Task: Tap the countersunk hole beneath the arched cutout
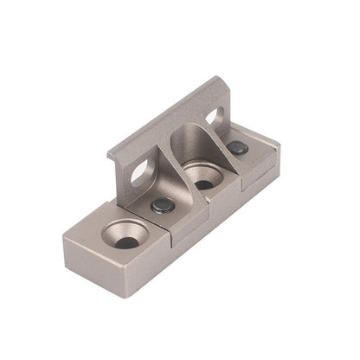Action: tap(203, 180)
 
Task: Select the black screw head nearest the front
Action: tap(163, 205)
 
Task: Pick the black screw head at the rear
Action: tap(237, 148)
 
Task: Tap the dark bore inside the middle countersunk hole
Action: tap(203, 184)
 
